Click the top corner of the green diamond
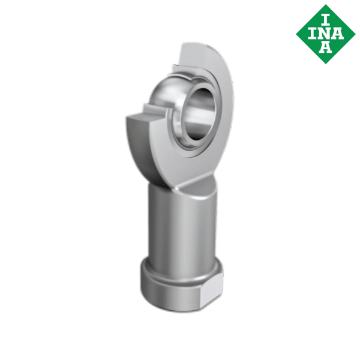(325, 5)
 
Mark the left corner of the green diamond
(296, 34)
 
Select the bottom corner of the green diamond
(325, 64)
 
